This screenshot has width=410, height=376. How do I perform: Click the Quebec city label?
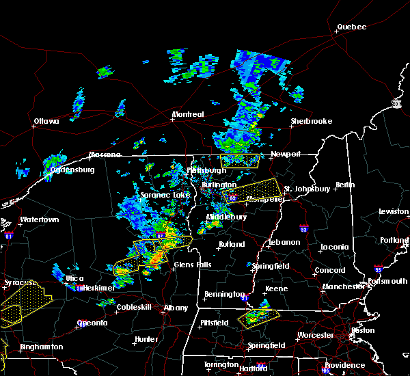[352, 27]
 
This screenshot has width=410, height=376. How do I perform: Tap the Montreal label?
[188, 114]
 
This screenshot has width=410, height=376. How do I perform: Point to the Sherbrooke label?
[311, 121]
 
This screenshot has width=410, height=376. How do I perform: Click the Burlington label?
[219, 185]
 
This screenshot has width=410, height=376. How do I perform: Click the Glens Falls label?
[193, 265]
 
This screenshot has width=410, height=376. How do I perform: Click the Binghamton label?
[41, 347]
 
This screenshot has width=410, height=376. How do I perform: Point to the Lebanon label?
[284, 242]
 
